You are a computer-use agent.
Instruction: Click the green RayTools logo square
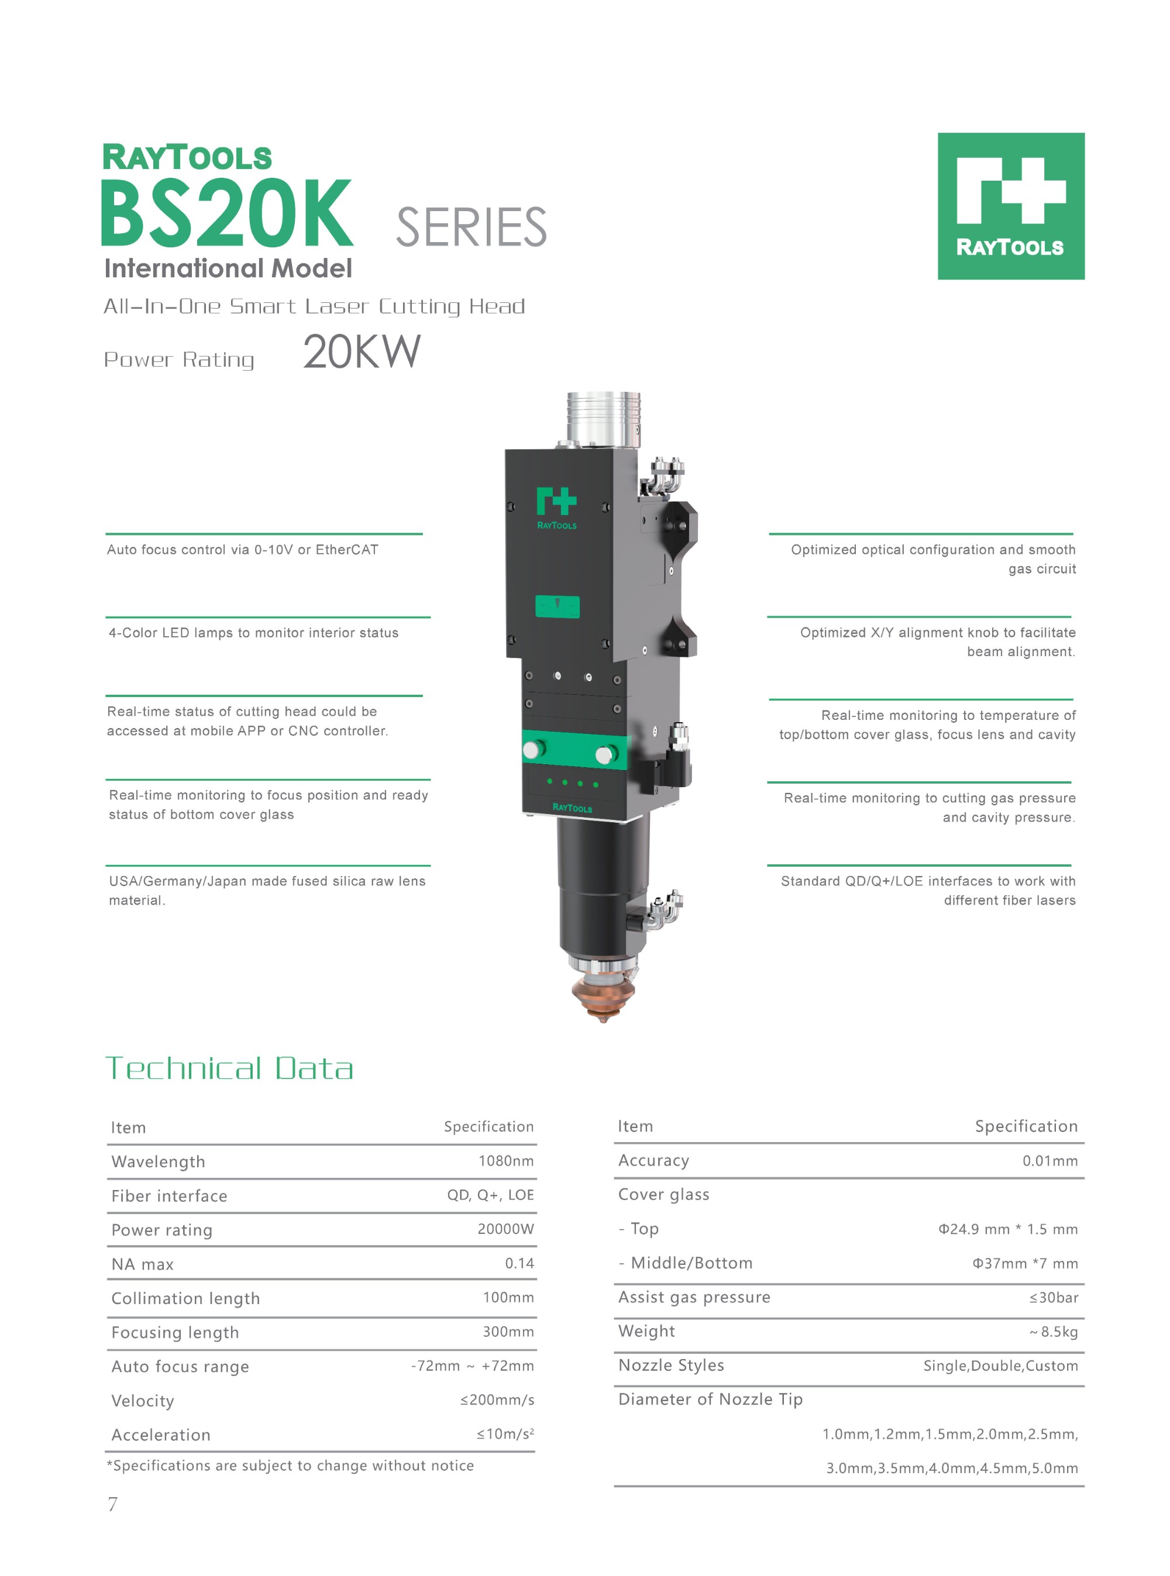click(x=1011, y=206)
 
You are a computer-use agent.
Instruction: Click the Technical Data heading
click(x=229, y=1068)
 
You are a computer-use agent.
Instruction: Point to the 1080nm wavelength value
click(x=505, y=1160)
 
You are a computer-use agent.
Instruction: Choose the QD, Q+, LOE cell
click(x=490, y=1195)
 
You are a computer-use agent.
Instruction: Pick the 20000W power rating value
click(x=505, y=1229)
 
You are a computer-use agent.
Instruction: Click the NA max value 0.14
click(x=519, y=1263)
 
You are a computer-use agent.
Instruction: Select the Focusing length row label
click(x=175, y=1333)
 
